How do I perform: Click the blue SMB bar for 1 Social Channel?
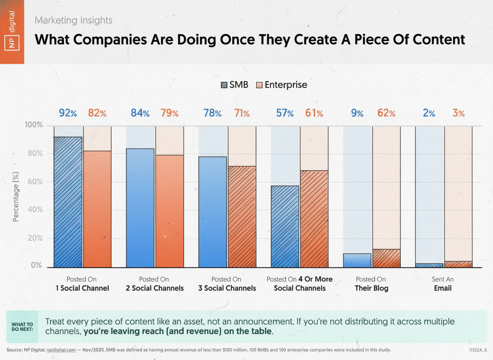68,202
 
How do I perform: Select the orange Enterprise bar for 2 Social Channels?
169,211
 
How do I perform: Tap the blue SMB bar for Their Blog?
357,260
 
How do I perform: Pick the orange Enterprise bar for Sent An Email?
458,264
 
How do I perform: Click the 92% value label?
67,113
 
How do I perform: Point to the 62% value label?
386,113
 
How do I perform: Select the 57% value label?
285,113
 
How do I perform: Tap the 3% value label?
458,113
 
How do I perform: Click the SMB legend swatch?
224,85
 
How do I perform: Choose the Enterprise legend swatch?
259,85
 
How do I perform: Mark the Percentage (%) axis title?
16,196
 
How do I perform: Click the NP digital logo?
12,32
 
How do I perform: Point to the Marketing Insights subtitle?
73,20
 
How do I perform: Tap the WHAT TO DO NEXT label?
22,327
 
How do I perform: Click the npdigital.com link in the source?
61,350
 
